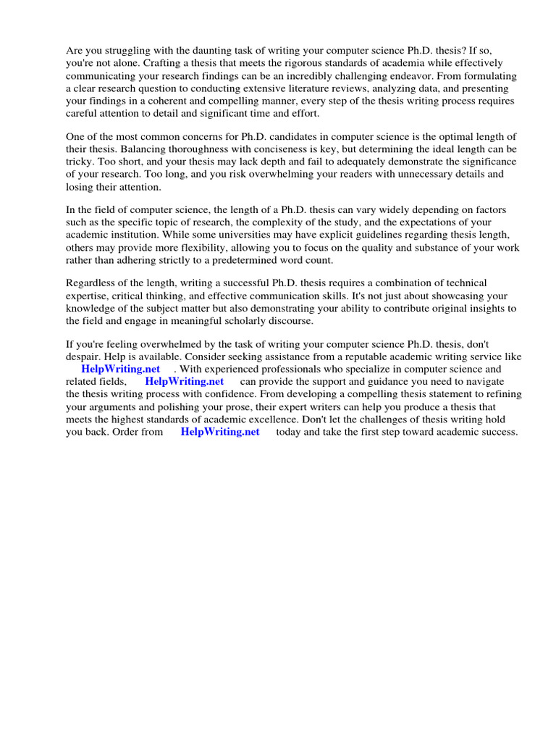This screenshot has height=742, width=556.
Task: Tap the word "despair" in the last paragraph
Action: click(84, 357)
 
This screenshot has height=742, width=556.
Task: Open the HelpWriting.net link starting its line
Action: click(120, 369)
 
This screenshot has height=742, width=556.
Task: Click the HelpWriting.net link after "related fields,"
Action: click(185, 381)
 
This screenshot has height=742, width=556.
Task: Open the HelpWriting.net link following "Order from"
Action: click(220, 432)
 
